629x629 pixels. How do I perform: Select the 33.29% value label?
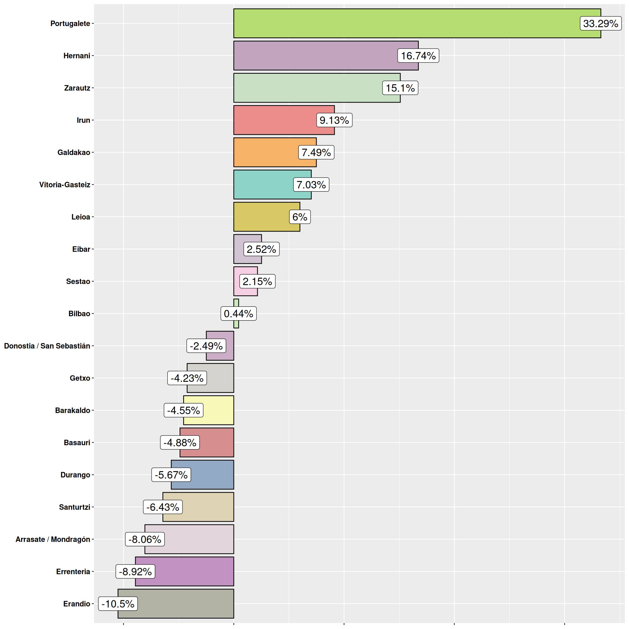(600, 23)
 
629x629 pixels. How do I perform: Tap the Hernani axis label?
(76, 56)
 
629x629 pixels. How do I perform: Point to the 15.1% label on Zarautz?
(400, 88)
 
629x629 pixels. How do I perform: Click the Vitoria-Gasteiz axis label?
(64, 185)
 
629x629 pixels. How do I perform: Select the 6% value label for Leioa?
(299, 217)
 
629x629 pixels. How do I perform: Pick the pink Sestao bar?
(237, 281)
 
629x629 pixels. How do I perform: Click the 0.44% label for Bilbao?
(238, 313)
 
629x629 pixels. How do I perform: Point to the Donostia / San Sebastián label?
(47, 346)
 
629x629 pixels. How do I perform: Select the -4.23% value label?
(187, 378)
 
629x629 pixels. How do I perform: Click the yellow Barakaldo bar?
(218, 410)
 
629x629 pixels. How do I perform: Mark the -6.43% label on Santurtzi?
(162, 507)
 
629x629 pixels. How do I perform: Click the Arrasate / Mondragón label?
(53, 539)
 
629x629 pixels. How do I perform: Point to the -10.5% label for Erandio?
(118, 604)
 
